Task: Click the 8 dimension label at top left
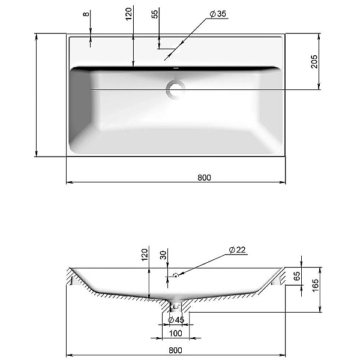[x=86, y=14]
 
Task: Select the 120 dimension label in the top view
[x=129, y=14]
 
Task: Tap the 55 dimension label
[x=155, y=14]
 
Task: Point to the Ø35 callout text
[x=218, y=14]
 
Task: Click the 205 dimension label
[x=314, y=62]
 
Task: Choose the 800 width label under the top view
[x=204, y=178]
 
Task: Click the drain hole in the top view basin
[x=176, y=89]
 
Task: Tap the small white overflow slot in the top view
[x=176, y=68]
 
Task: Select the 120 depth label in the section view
[x=145, y=255]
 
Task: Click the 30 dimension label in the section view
[x=163, y=255]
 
